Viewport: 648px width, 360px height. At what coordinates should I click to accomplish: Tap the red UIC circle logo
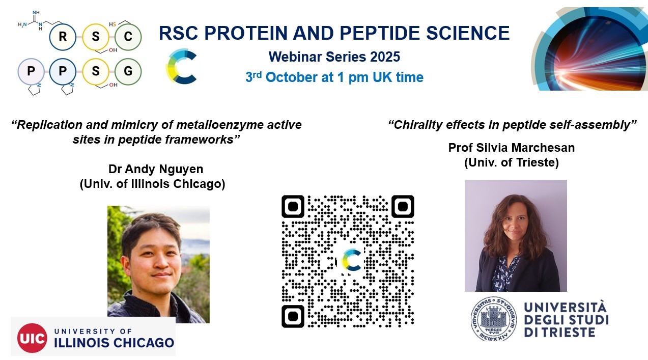32,338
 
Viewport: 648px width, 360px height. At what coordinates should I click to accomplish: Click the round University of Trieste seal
494,319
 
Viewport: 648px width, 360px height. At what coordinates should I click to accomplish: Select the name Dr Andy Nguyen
156,169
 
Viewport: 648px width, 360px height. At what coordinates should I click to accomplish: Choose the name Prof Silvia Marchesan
512,148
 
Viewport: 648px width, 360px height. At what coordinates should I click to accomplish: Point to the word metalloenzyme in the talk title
220,125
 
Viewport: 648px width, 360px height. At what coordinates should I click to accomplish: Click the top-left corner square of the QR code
293,206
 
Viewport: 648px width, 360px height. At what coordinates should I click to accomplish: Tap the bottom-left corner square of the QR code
293,316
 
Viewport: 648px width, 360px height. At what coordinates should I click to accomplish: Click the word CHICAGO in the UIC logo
144,343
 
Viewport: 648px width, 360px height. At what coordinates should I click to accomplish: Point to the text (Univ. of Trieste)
512,162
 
